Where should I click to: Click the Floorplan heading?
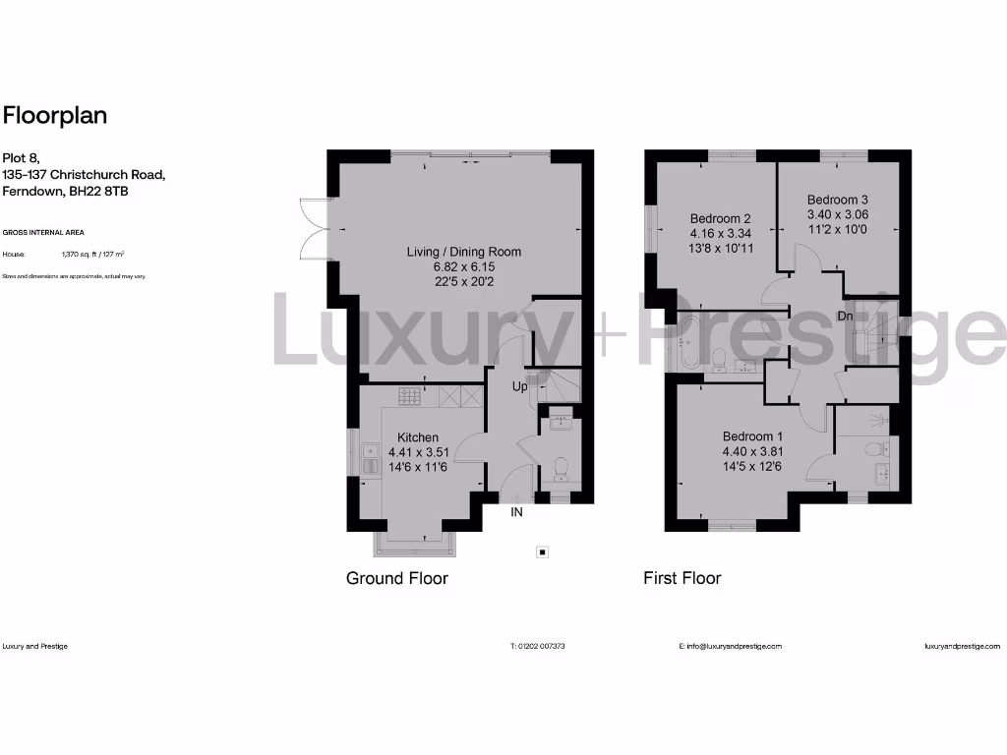pyautogui.click(x=55, y=116)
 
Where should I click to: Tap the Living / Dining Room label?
pyautogui.click(x=464, y=252)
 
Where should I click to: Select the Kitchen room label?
pyautogui.click(x=418, y=437)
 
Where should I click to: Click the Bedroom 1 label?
pyautogui.click(x=753, y=437)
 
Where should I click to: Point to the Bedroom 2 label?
pyautogui.click(x=720, y=218)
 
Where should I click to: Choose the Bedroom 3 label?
pyautogui.click(x=838, y=198)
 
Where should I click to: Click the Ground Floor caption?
pyautogui.click(x=396, y=578)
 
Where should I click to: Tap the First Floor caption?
pyautogui.click(x=681, y=578)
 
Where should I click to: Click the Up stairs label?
pyautogui.click(x=519, y=387)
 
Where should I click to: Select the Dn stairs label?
pyautogui.click(x=845, y=316)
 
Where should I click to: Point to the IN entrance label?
pyautogui.click(x=516, y=512)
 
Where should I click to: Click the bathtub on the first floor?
pyautogui.click(x=685, y=343)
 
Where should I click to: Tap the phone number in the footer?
pyautogui.click(x=538, y=646)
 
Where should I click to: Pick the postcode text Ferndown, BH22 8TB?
pyautogui.click(x=65, y=191)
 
